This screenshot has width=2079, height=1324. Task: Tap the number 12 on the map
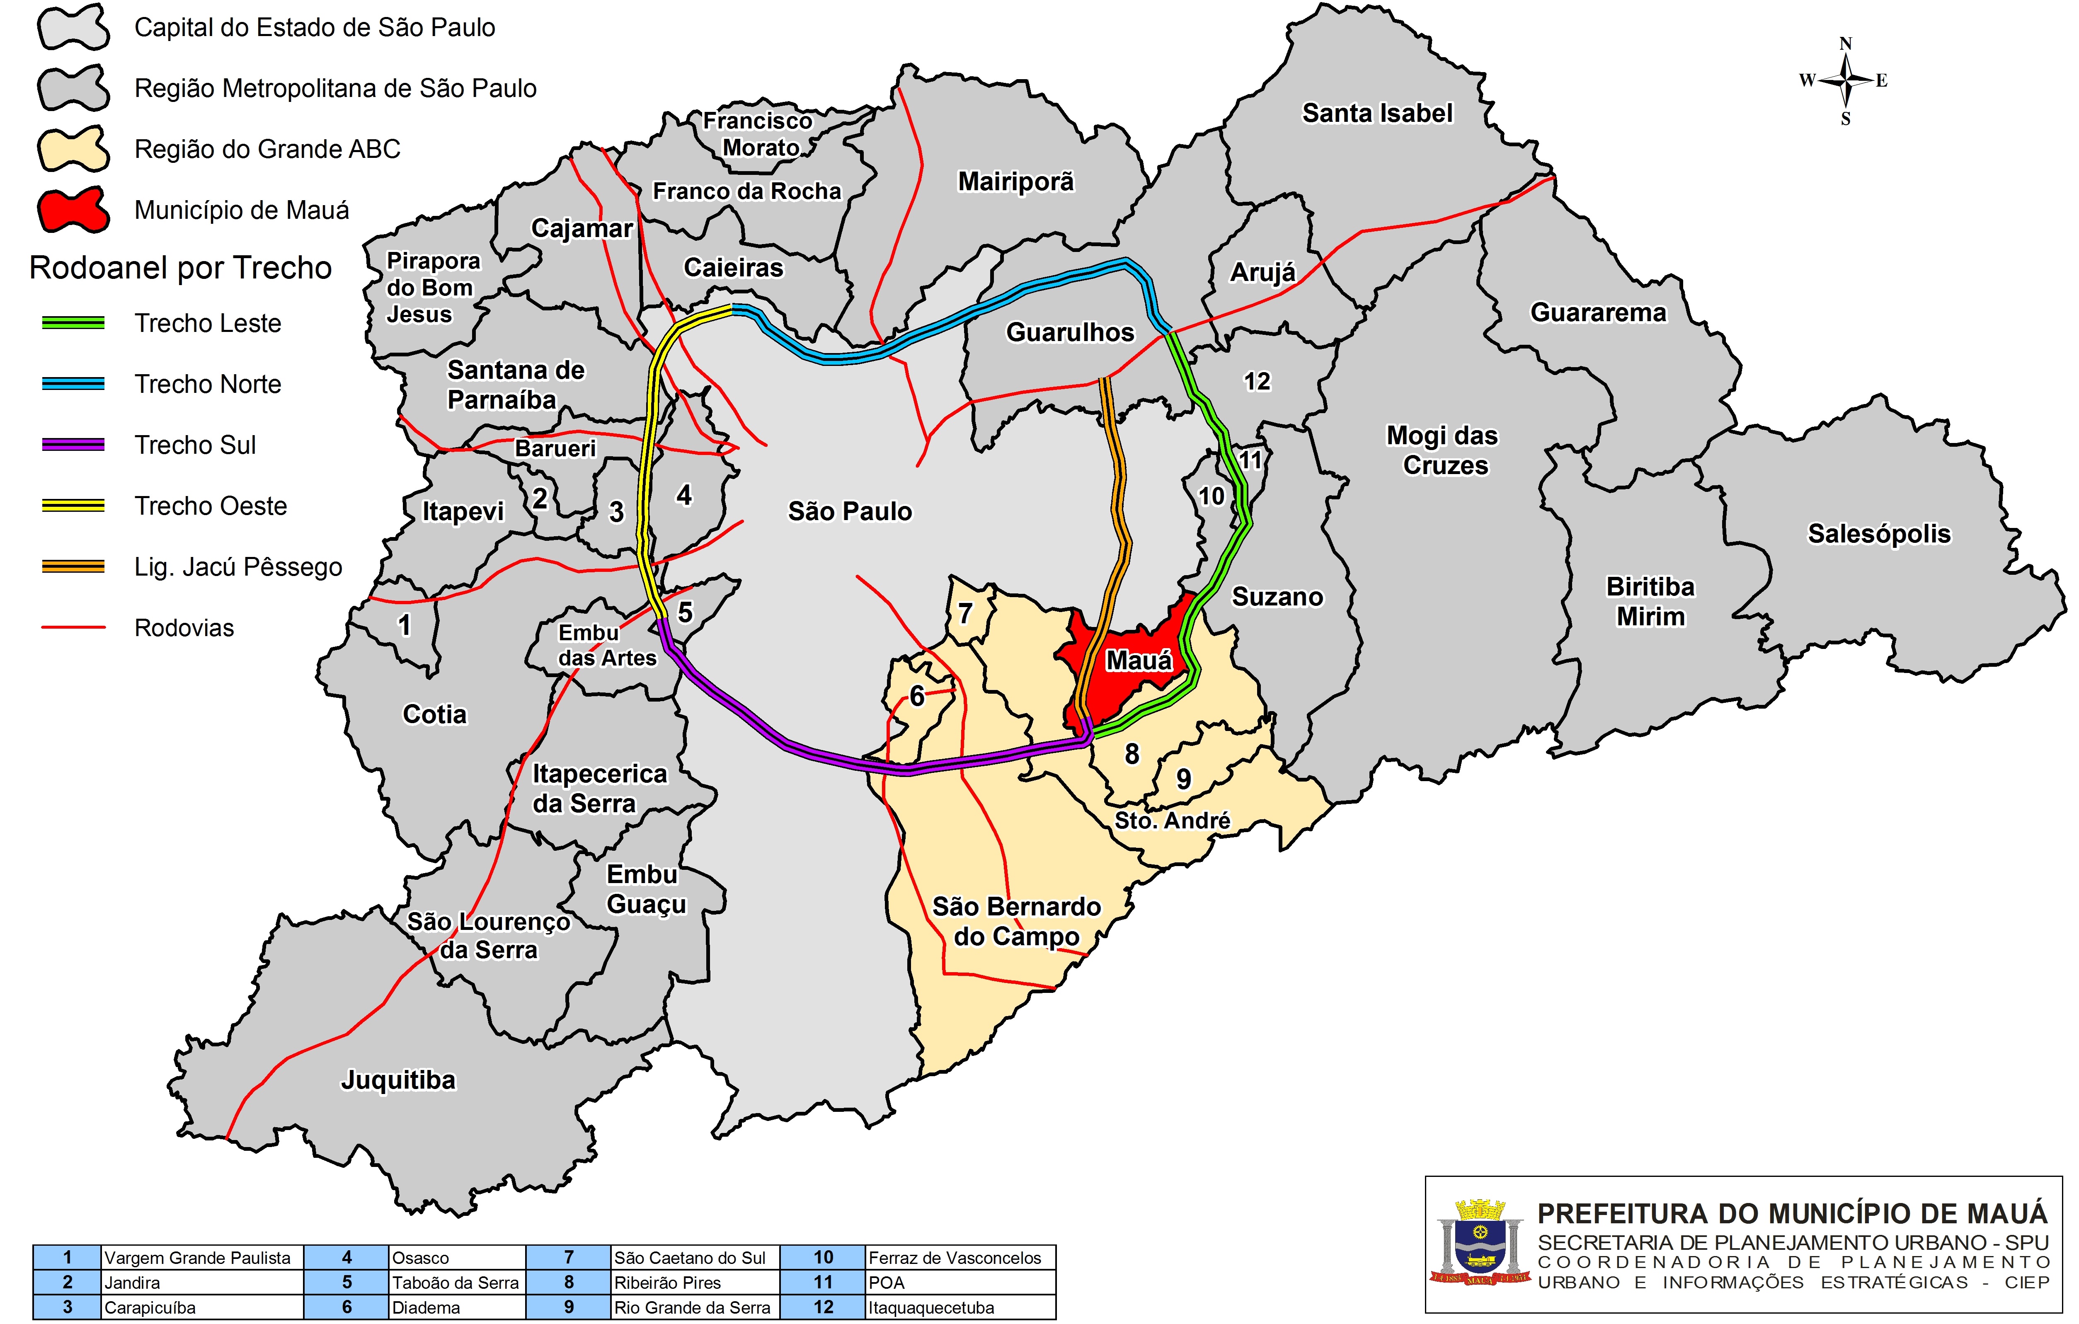tap(1256, 382)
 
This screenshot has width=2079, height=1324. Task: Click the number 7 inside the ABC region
tap(965, 614)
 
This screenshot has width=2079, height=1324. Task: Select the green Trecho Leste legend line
tap(73, 323)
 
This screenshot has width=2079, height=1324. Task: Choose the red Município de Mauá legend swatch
tap(73, 210)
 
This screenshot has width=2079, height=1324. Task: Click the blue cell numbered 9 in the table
tap(568, 1307)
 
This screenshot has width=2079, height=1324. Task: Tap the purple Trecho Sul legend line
tap(73, 445)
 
